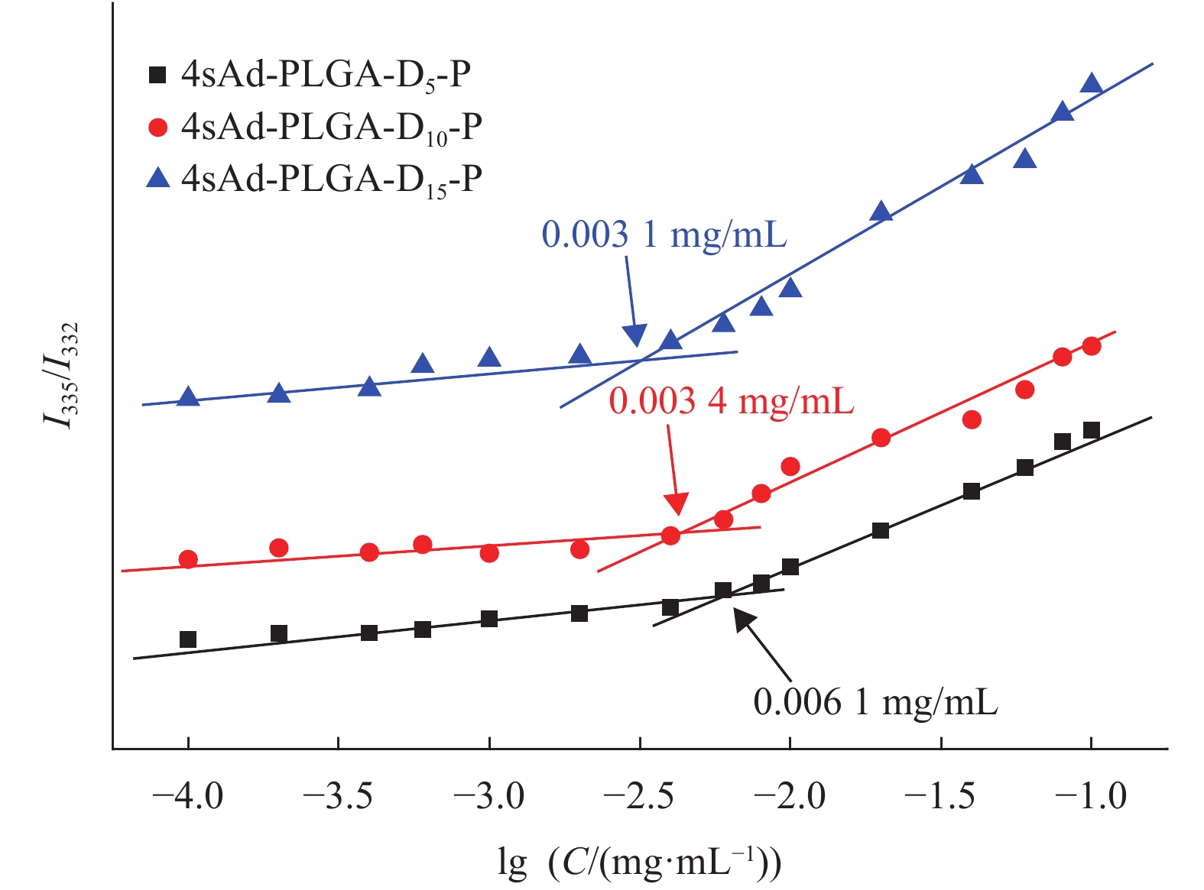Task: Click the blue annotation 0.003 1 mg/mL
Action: coord(664,235)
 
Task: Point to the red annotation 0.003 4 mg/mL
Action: coord(731,401)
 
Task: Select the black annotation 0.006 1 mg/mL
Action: coord(875,702)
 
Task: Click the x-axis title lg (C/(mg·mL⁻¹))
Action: coord(639,862)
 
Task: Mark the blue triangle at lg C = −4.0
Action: coord(188,396)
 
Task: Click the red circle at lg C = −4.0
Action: coord(188,559)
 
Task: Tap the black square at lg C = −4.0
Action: coord(188,639)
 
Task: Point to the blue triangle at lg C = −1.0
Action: coord(1092,83)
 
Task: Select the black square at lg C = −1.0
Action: coord(1092,431)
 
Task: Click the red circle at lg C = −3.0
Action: coord(489,552)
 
